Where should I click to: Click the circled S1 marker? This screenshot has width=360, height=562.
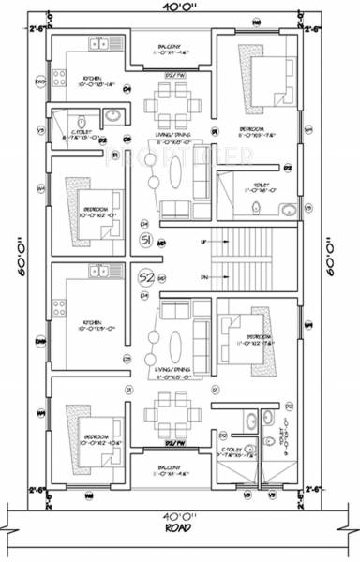(x=147, y=242)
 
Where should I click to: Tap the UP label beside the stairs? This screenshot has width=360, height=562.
(x=203, y=242)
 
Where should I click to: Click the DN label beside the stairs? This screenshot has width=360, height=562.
(x=203, y=277)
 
